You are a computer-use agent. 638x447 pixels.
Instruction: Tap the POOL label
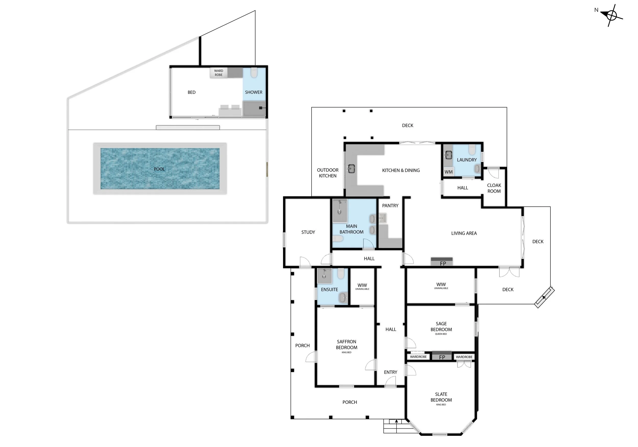click(x=159, y=169)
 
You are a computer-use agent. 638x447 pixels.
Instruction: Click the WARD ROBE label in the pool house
click(x=219, y=73)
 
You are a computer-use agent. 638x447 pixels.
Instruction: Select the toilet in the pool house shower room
click(x=254, y=73)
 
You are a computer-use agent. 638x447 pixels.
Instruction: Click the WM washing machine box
click(x=448, y=172)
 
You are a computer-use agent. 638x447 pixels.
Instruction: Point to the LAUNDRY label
click(x=467, y=160)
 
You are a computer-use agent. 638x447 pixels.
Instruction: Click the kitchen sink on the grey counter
click(x=351, y=168)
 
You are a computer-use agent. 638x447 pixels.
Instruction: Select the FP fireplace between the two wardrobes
click(x=442, y=357)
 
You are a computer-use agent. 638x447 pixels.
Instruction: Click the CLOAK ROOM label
click(x=494, y=188)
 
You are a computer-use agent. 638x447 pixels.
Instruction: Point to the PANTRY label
click(x=390, y=206)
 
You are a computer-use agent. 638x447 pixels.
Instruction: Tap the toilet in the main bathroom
click(x=338, y=238)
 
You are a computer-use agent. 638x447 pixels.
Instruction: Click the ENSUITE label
click(x=329, y=290)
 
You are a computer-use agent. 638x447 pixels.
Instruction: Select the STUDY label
click(x=308, y=232)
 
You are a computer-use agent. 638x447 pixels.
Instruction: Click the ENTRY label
click(x=390, y=372)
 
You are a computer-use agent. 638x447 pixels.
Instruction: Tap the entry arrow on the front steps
click(x=397, y=421)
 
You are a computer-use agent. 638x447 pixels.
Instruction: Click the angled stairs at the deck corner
click(x=544, y=297)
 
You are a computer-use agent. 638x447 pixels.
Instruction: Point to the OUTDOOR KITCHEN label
click(x=328, y=173)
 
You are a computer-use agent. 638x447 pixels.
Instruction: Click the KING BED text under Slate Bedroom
click(x=441, y=405)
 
